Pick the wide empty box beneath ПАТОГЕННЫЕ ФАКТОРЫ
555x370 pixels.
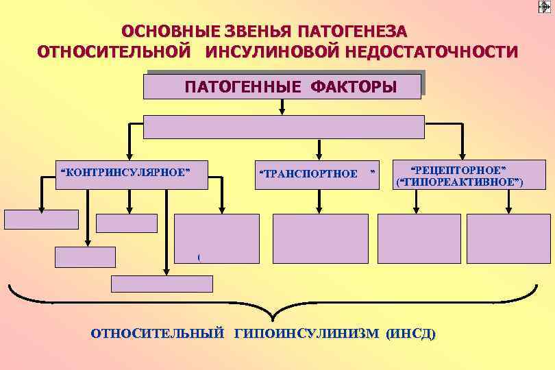284,127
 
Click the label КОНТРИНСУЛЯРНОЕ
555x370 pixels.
124,172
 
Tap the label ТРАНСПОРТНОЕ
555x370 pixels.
309,173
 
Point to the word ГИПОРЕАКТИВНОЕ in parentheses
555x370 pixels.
459,182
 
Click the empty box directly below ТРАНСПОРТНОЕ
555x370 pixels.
320,238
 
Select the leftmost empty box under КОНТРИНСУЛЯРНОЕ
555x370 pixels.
41,219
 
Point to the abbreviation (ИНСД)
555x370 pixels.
410,334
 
